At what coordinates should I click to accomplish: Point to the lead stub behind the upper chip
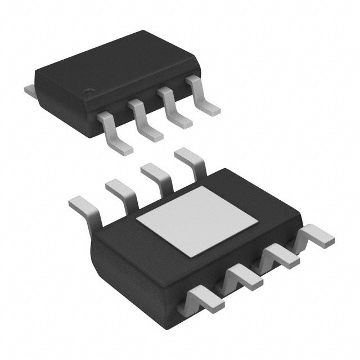tap(29, 88)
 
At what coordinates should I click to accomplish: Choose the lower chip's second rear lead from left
tap(121, 192)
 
